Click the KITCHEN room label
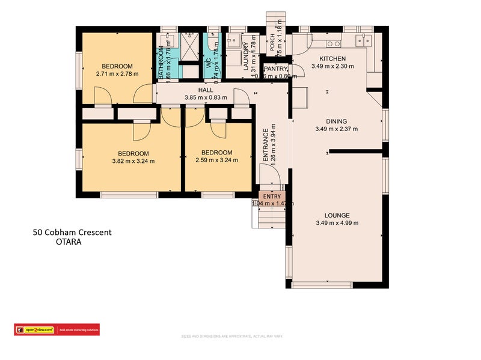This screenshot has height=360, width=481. pos(328,58)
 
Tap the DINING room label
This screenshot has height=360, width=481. pos(336,121)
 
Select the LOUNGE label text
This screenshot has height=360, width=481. pos(337,215)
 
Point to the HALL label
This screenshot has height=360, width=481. pos(197,90)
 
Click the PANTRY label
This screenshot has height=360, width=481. pos(276,69)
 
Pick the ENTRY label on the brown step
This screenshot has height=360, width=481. pos(272,197)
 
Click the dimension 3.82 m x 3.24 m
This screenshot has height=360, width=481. pos(133,160)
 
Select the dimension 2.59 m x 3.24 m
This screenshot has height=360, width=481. pos(216,160)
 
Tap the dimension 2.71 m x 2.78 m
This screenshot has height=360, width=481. pos(117,74)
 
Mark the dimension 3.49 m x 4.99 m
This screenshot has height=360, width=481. pos(337,223)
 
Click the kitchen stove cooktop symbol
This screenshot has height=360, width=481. pos(334,43)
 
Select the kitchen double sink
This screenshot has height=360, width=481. pos(363,40)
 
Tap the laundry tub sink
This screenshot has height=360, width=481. pos(234,43)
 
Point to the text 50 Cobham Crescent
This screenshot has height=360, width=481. pos(72,233)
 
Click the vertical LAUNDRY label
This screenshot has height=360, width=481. pos(246,57)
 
